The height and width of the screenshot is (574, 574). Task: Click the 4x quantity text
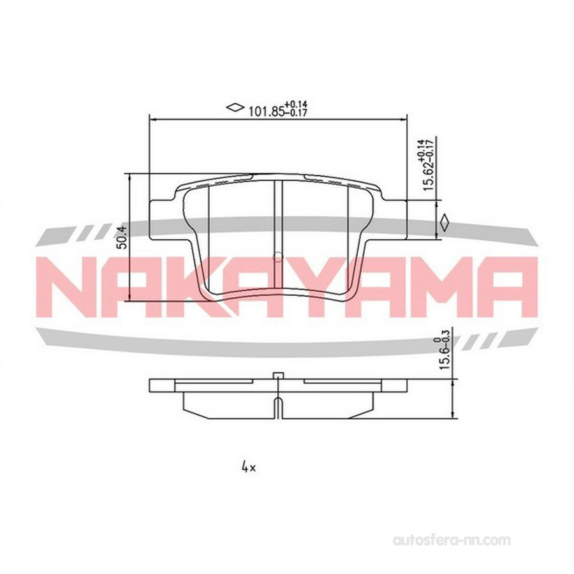[x=248, y=467]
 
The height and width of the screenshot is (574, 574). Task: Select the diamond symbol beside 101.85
[x=235, y=107]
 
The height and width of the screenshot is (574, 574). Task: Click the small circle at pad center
[x=277, y=257]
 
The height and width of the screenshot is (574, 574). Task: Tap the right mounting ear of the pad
[x=395, y=219]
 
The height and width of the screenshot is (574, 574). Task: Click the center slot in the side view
[x=277, y=407]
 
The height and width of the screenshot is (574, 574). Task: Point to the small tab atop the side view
[x=277, y=376]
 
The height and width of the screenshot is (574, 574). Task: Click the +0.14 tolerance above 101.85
[x=296, y=104]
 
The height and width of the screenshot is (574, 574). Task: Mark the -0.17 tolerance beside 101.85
[x=296, y=114]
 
